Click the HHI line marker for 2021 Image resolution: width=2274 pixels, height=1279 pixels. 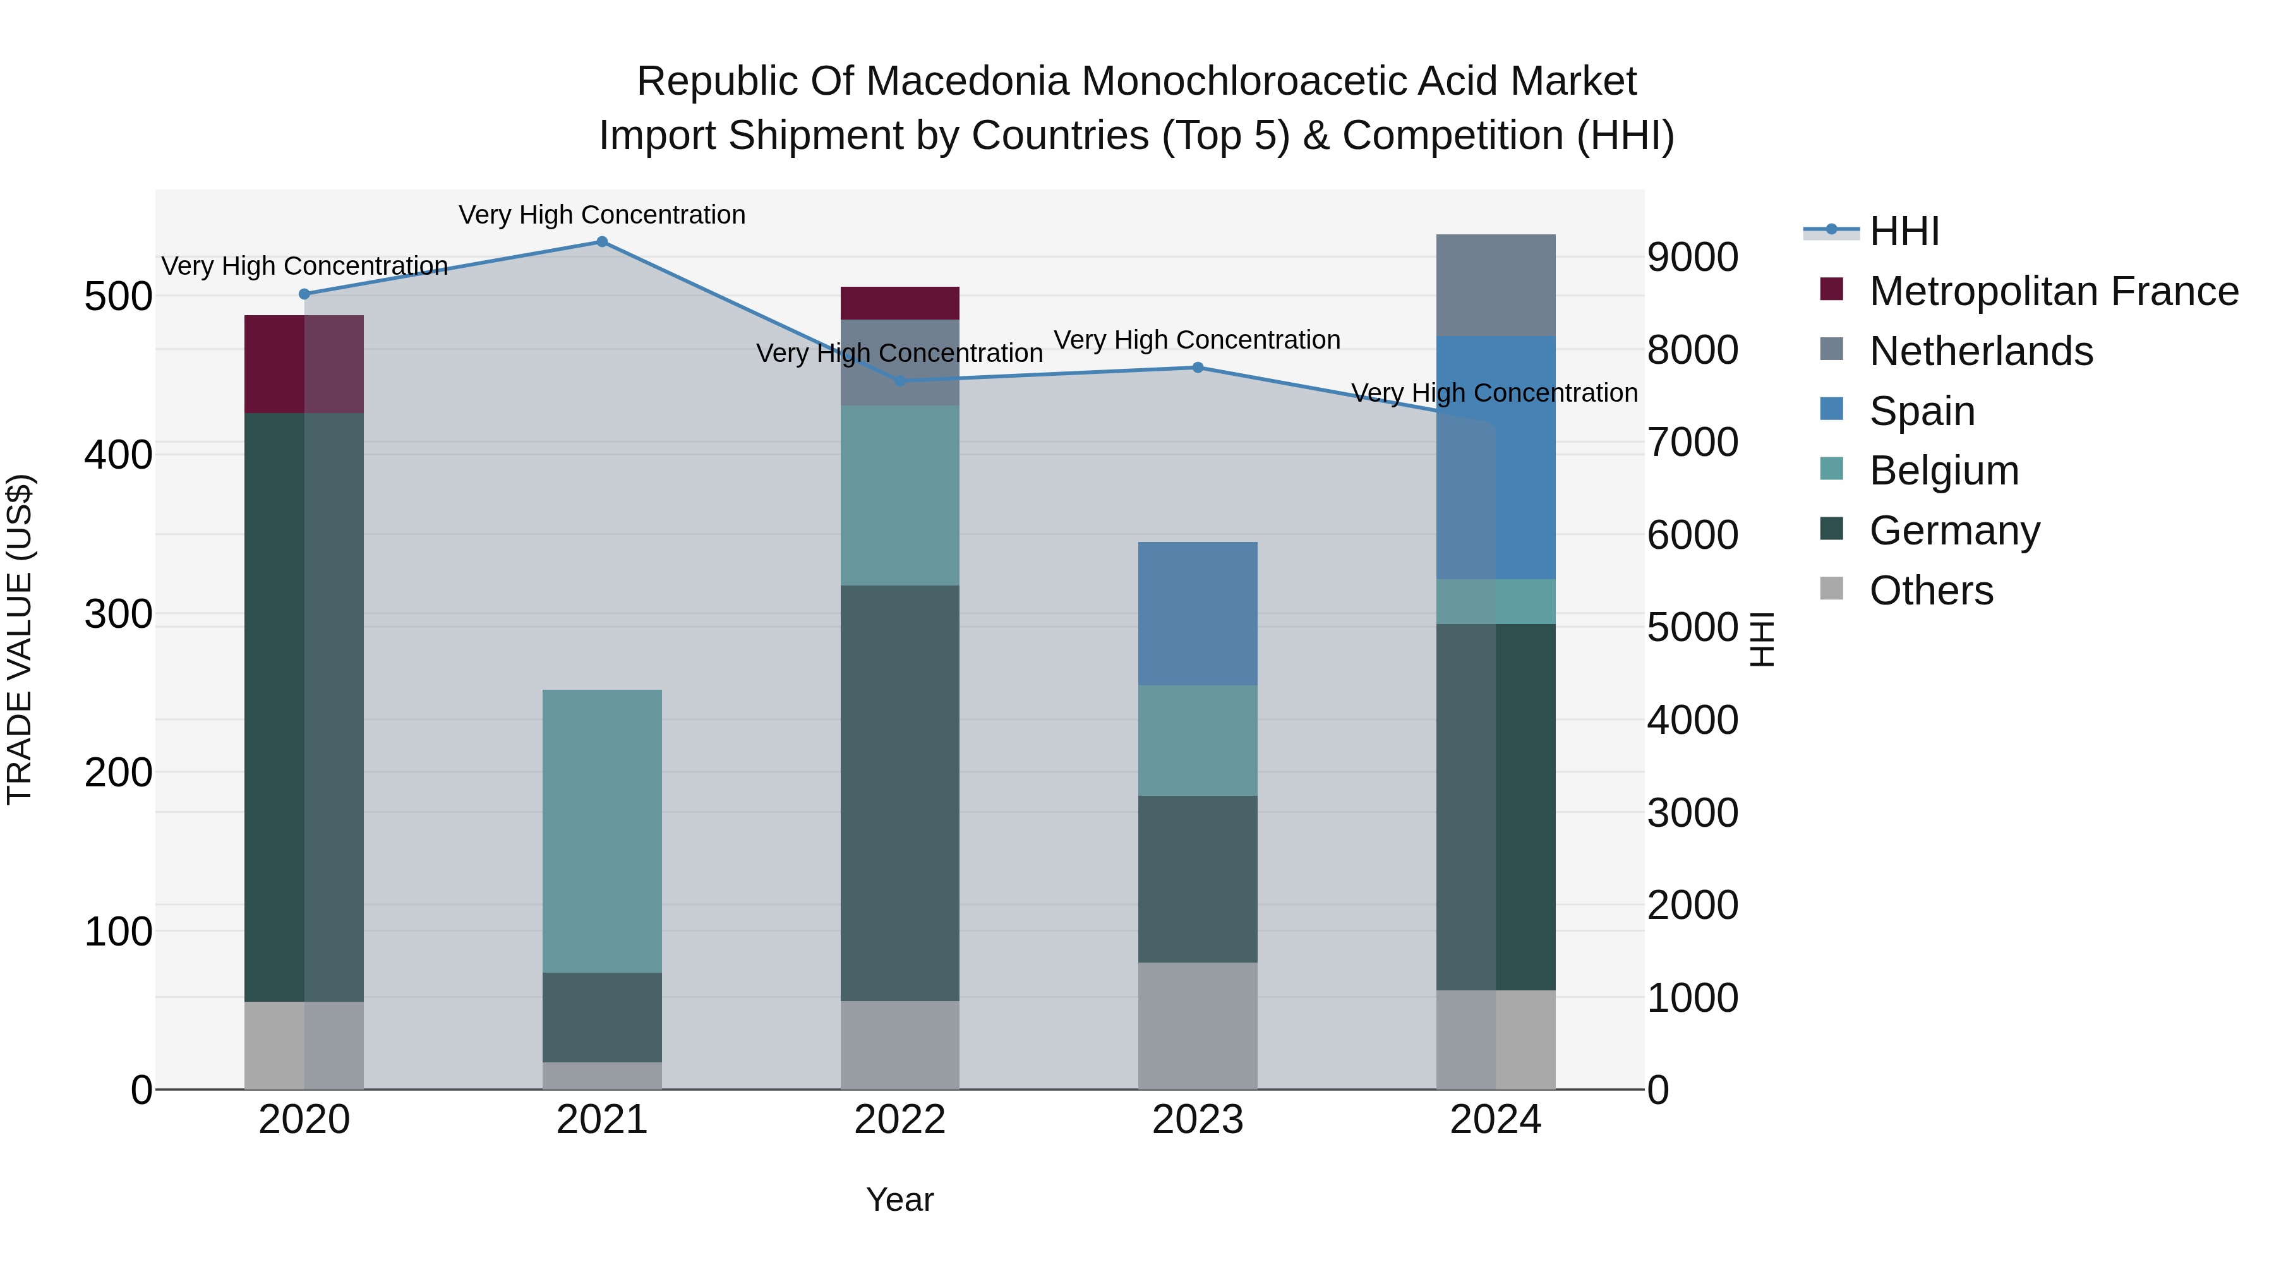[602, 242]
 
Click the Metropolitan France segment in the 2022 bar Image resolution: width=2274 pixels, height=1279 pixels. [899, 303]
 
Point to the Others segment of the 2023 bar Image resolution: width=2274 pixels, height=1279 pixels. [1198, 1026]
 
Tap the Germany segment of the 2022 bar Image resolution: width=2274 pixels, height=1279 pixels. [899, 793]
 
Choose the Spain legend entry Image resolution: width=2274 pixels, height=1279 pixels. [1922, 411]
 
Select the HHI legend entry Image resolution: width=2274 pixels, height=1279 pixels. [1904, 231]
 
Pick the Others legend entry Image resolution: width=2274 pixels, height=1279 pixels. [1930, 591]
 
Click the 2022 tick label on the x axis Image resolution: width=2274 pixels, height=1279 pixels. [899, 1120]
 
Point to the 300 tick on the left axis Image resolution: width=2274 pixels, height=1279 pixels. [118, 613]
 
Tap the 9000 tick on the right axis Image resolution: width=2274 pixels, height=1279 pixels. [1692, 258]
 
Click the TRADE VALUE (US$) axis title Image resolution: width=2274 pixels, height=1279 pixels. [20, 639]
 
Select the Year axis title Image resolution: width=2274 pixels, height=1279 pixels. [899, 1199]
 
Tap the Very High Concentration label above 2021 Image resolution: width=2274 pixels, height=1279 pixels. [602, 215]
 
